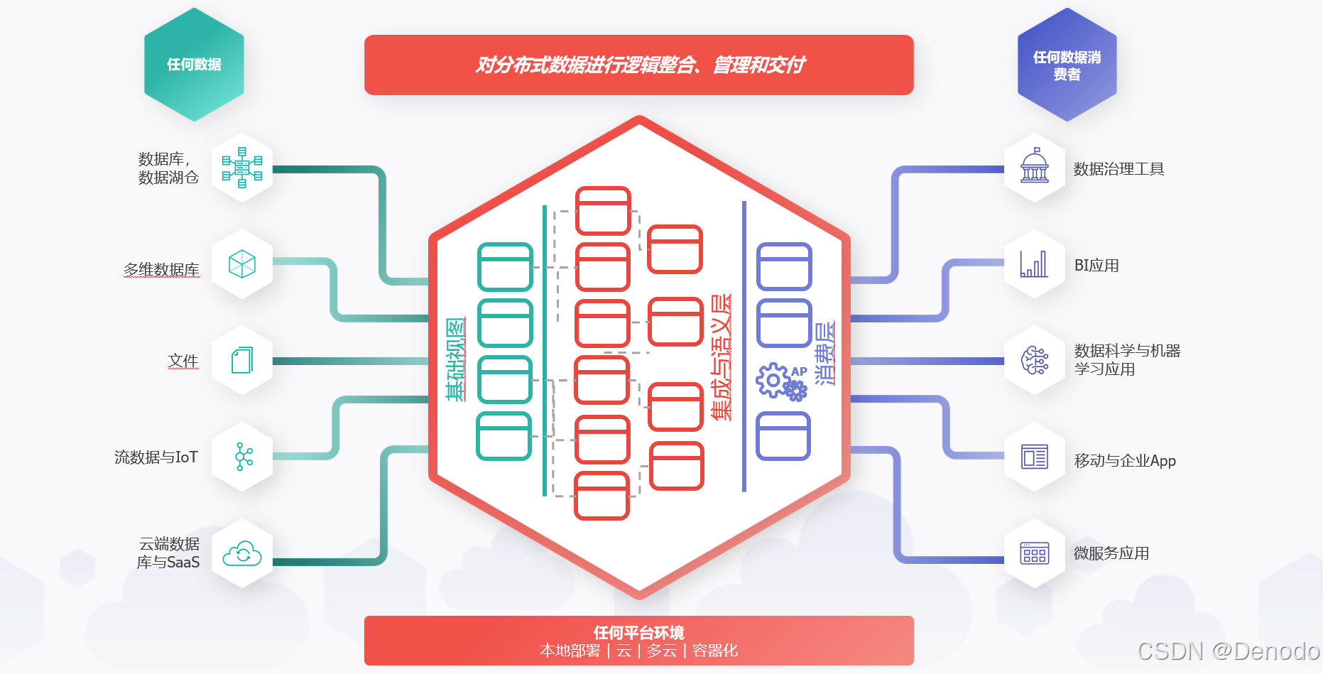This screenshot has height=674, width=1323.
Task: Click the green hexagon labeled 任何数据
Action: [194, 65]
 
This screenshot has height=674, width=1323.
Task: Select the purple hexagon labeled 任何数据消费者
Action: [1067, 65]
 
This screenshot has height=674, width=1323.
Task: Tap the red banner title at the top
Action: [639, 65]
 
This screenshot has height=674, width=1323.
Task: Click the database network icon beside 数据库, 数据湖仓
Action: [242, 168]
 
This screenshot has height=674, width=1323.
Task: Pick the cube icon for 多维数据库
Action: [242, 264]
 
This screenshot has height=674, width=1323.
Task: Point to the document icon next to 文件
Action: [242, 360]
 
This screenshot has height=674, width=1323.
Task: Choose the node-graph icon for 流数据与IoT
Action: [244, 457]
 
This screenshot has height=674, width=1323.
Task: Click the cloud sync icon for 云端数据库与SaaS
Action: [242, 554]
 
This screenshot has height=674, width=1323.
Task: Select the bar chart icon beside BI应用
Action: [1034, 264]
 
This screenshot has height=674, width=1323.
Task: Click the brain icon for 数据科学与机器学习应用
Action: [1035, 360]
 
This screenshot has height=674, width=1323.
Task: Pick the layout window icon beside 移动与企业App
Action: [1035, 457]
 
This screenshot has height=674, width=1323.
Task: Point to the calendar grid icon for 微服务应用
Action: [1035, 553]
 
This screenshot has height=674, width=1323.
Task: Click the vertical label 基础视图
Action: [456, 359]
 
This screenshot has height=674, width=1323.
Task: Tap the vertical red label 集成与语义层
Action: [722, 357]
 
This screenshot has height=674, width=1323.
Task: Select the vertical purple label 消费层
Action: [824, 354]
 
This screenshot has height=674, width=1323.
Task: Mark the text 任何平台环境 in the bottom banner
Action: [639, 632]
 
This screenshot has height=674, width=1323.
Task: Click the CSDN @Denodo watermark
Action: [1228, 651]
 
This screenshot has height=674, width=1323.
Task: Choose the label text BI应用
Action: [1096, 266]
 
